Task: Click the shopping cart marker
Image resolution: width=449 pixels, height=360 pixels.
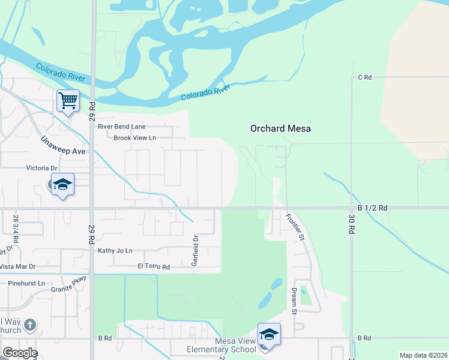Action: click(x=68, y=100)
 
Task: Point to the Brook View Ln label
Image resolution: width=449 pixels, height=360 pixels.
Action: click(x=135, y=138)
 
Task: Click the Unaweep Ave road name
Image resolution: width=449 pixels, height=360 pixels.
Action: click(x=63, y=145)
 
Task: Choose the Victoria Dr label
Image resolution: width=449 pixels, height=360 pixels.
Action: click(x=41, y=169)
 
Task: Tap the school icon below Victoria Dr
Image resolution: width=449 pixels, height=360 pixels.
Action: click(x=62, y=184)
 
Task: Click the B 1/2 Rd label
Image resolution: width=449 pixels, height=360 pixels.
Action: click(x=372, y=208)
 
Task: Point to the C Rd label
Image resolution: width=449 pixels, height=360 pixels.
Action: click(x=365, y=77)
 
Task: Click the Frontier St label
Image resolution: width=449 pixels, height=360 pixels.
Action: click(x=295, y=227)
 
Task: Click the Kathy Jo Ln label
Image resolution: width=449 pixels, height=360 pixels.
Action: click(x=115, y=250)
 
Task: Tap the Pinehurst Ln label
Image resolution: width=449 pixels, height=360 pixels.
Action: click(x=26, y=283)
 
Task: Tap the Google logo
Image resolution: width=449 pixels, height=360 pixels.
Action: click(x=19, y=353)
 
